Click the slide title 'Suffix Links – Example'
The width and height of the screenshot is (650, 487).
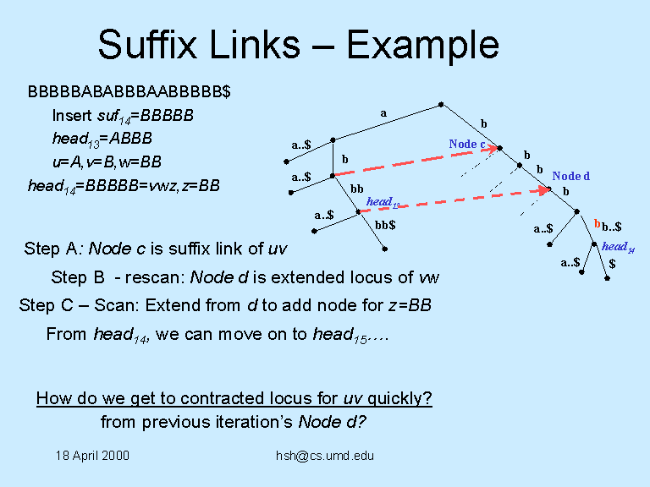tap(298, 44)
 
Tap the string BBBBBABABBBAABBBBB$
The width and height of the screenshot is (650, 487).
tap(129, 90)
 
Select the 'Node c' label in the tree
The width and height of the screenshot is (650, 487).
tap(466, 144)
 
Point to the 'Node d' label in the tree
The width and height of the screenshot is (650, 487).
tap(570, 176)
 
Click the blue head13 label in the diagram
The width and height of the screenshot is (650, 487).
tap(383, 202)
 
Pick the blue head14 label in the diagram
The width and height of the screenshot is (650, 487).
tap(619, 247)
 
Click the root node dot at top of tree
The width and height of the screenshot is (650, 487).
tap(441, 105)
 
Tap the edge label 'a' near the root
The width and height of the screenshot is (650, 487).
tap(383, 112)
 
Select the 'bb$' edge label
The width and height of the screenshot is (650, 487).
tap(385, 225)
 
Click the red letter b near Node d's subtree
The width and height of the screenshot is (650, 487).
tap(597, 224)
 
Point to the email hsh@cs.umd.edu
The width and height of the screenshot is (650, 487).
tap(325, 456)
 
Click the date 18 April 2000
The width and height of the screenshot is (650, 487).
tap(92, 456)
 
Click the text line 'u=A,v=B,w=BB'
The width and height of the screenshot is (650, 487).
tap(107, 161)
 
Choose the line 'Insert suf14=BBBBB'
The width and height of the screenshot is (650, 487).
tap(123, 115)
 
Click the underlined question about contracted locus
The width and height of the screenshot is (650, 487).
tap(234, 399)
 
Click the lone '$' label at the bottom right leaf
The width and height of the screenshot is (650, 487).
tap(611, 264)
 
